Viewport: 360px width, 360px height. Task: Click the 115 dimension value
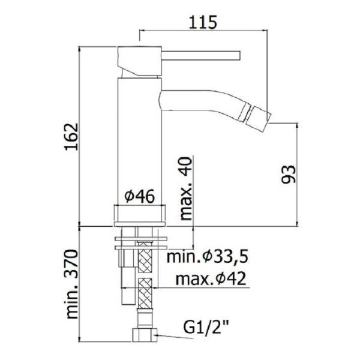203,22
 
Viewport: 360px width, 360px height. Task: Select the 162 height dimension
71,137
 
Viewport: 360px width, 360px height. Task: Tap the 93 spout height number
289,174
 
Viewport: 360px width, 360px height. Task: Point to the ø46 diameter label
139,196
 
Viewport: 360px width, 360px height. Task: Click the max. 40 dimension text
186,189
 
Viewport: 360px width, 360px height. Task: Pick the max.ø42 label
211,278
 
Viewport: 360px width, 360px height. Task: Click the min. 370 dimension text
72,284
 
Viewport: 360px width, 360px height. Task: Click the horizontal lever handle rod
201,56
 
